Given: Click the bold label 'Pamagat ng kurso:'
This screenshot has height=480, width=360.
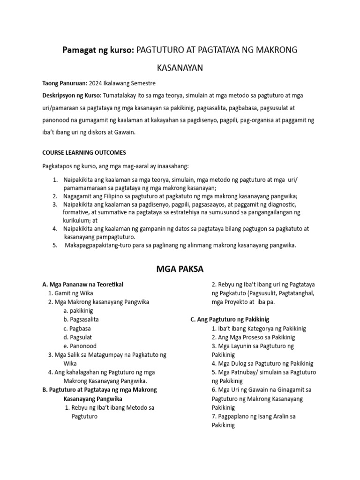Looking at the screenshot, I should [x=98, y=50].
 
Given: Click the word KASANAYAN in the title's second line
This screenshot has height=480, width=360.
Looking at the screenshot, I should [x=180, y=68].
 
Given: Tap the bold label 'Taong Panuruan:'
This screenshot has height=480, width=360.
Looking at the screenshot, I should [x=64, y=83].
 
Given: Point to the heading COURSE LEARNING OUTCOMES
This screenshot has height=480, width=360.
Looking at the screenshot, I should [x=84, y=152].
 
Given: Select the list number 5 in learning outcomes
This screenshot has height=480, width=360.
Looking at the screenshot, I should [x=54, y=245].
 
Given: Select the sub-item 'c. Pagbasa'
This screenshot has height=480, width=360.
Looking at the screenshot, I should [x=79, y=329].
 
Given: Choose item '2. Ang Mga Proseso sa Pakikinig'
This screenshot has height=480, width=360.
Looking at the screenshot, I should [x=253, y=337].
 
